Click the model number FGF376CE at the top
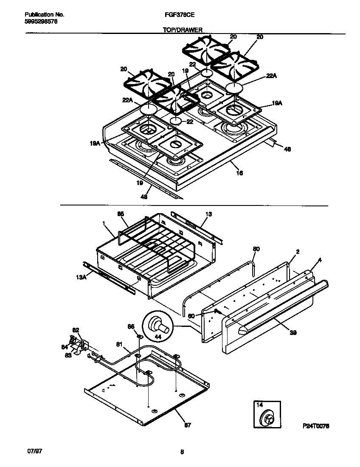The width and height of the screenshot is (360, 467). pos(177,14)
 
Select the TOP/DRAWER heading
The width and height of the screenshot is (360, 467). pos(183,30)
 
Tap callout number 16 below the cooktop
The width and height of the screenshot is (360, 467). pos(239,173)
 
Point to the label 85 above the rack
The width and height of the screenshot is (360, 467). pos(121,214)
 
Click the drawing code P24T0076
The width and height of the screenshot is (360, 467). pos(316,425)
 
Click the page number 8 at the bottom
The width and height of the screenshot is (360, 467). pos(182,452)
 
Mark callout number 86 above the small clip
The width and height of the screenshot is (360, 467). pos(131,326)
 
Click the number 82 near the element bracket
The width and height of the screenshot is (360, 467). pos(76,329)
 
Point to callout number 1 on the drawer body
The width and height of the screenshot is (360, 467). pos(104,222)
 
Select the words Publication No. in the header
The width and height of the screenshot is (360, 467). pos(42,14)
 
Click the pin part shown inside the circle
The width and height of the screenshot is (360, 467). pos(161,326)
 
